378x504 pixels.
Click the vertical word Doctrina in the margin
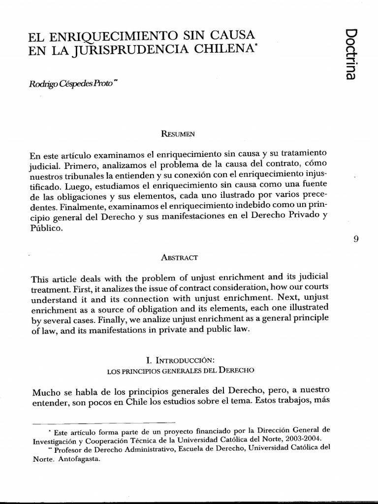click(x=351, y=54)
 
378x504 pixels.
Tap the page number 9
click(x=356, y=239)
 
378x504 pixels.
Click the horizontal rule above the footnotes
click(x=103, y=422)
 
